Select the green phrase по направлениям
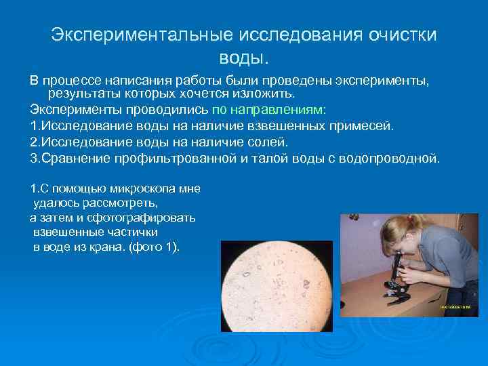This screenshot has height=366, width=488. coord(268,109)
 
